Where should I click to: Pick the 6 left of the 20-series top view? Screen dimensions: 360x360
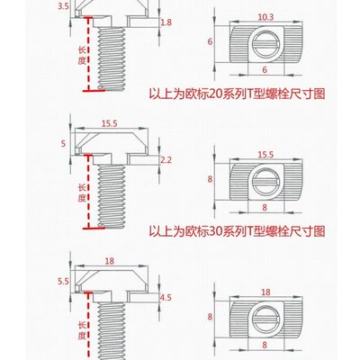click(208, 42)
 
